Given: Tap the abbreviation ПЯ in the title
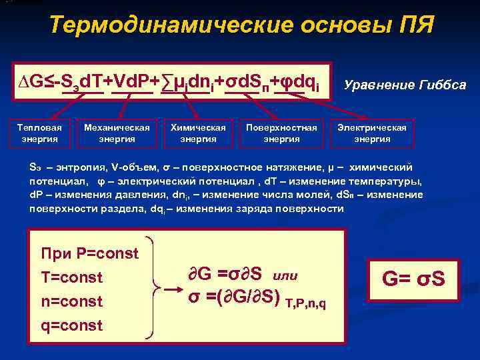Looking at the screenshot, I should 415,25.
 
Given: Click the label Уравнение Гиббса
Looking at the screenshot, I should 405,85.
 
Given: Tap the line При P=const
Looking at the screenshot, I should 90,253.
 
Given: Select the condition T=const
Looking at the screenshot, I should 72,277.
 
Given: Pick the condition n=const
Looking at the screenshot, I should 72,301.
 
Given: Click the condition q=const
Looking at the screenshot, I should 72,325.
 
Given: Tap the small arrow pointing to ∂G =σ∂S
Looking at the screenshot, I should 173,290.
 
